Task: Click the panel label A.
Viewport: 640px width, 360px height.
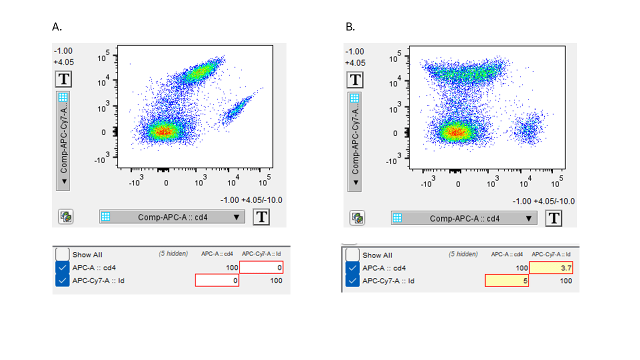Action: point(57,27)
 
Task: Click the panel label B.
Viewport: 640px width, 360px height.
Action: point(350,27)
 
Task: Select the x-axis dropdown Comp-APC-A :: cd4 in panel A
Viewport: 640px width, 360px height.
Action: point(172,216)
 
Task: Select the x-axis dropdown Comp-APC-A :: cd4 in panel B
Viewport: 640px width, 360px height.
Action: point(464,218)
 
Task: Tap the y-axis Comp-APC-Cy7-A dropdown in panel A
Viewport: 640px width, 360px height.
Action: point(63,140)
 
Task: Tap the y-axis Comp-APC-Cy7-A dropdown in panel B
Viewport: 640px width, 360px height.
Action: point(355,141)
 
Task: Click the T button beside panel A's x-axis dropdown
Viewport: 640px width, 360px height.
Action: point(262,217)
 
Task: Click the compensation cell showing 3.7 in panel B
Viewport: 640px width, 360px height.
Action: point(550,268)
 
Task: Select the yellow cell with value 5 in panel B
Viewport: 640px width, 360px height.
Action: point(506,281)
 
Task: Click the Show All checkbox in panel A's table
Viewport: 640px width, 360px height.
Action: point(62,254)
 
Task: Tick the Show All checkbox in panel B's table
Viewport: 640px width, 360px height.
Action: point(352,254)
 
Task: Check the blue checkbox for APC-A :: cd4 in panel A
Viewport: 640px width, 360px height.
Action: point(62,267)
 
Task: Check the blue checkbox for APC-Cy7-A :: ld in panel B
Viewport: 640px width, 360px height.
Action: point(352,281)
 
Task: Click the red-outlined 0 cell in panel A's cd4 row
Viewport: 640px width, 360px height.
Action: point(261,267)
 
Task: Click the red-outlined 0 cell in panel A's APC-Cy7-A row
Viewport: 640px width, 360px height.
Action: point(217,280)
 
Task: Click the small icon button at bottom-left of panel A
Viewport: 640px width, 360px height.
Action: point(66,216)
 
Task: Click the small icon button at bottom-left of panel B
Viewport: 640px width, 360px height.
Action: point(356,217)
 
